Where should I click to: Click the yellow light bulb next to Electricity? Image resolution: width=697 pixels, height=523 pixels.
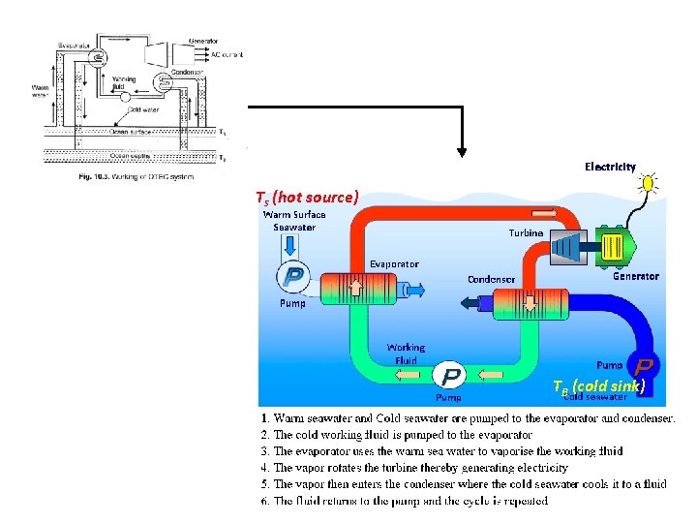click(x=649, y=183)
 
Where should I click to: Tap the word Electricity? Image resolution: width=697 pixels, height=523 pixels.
click(x=610, y=167)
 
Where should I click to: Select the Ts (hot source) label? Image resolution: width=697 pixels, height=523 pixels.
click(x=307, y=198)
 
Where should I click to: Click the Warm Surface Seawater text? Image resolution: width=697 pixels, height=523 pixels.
click(x=294, y=221)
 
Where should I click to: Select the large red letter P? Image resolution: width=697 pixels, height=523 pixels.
click(x=645, y=367)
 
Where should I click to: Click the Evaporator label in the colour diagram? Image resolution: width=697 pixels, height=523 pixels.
click(x=394, y=263)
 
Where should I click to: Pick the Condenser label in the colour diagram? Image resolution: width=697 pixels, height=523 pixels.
click(x=492, y=279)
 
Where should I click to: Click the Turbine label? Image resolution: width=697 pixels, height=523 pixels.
click(x=526, y=232)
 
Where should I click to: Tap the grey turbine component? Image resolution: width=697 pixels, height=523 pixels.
click(x=567, y=247)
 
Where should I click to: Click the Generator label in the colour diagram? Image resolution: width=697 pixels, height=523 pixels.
click(x=636, y=276)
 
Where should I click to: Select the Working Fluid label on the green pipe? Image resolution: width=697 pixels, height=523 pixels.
click(x=406, y=354)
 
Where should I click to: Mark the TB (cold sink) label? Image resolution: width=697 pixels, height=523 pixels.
click(x=598, y=385)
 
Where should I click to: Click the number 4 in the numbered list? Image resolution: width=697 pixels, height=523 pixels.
click(x=265, y=468)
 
